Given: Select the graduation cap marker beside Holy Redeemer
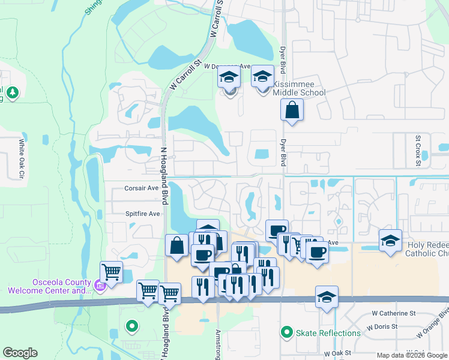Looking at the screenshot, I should [390, 241].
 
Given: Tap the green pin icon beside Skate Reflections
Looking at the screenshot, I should [287, 332].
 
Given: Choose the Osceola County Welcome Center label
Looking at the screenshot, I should [49, 287].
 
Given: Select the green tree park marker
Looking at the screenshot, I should [13, 93].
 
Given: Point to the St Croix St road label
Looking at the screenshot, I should [418, 146].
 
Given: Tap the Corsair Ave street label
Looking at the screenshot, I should [141, 188].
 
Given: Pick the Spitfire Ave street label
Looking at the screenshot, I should [142, 213].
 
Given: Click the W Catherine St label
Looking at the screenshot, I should [394, 313].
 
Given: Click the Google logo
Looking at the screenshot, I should [20, 353].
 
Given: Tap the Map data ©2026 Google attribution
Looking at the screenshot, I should [412, 355].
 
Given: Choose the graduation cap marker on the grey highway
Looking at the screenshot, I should [327, 297].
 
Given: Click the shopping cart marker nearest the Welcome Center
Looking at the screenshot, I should [111, 272].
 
